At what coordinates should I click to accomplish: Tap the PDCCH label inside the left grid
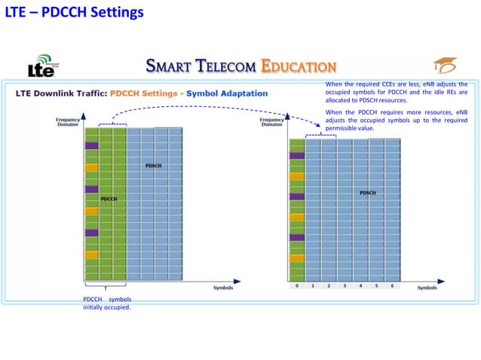point(109,199)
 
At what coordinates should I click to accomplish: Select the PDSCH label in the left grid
point(153,166)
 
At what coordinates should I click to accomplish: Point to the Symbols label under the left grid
point(223,288)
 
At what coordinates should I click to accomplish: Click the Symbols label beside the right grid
point(427,288)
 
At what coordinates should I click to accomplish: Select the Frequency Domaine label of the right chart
point(271,122)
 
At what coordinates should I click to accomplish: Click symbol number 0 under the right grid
point(297,286)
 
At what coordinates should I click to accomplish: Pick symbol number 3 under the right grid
point(345,286)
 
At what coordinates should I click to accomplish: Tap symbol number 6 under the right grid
point(392,286)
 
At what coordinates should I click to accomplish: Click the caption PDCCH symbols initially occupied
point(106,304)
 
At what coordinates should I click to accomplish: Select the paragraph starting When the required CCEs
point(396,92)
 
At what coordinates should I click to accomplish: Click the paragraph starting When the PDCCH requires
point(396,120)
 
